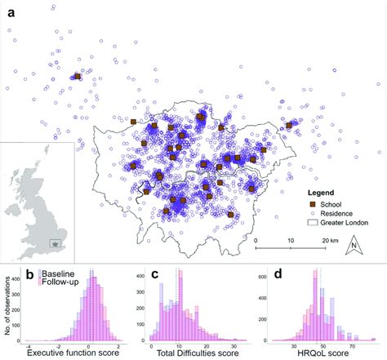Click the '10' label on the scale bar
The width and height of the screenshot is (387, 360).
tap(291, 241)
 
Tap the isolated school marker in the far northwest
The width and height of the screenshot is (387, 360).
tap(76, 77)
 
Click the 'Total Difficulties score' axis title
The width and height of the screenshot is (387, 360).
tap(189, 353)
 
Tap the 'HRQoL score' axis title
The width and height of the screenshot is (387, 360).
tap(313, 353)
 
